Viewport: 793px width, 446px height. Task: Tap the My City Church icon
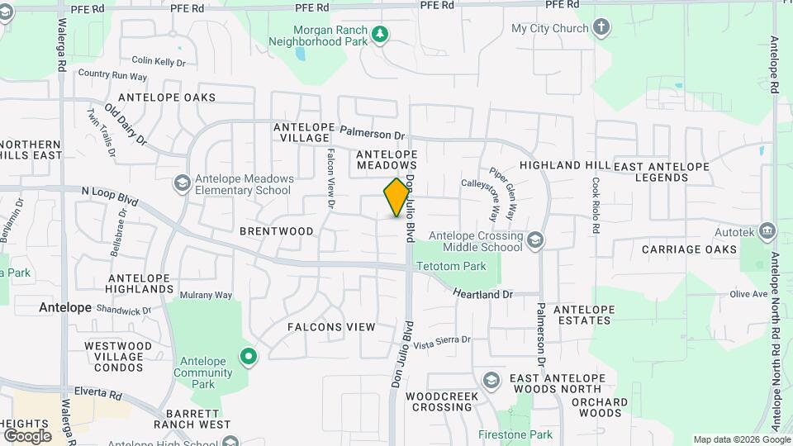pyautogui.click(x=601, y=28)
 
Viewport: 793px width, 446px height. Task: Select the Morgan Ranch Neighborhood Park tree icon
pyautogui.click(x=380, y=35)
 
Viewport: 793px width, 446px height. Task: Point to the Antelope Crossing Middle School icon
pyautogui.click(x=535, y=240)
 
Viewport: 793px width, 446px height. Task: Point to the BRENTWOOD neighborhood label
pyautogui.click(x=277, y=231)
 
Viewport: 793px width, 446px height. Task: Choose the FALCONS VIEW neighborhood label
pyautogui.click(x=331, y=327)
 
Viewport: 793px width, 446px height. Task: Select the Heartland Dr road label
pyautogui.click(x=483, y=293)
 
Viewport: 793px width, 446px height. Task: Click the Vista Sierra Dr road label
pyautogui.click(x=442, y=340)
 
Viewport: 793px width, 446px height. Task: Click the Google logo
pyautogui.click(x=27, y=435)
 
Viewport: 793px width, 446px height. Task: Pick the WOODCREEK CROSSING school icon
pyautogui.click(x=491, y=380)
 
